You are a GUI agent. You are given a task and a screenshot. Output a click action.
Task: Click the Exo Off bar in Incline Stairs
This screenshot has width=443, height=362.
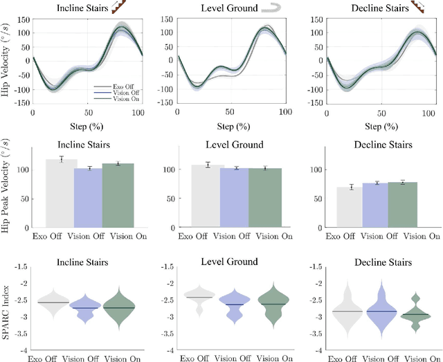click(62, 193)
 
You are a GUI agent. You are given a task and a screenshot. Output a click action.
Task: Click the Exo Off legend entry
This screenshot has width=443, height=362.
click(111, 87)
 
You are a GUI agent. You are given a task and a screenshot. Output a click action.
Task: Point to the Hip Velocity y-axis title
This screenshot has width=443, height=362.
click(7, 62)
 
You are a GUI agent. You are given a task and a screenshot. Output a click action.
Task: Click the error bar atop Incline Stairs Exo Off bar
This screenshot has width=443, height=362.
click(62, 160)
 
